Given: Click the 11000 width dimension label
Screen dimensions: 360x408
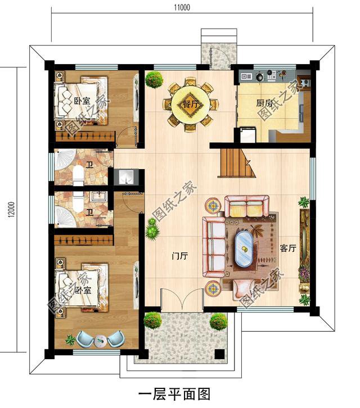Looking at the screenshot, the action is (x=182, y=7).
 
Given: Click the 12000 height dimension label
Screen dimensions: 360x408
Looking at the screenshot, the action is (x=12, y=210).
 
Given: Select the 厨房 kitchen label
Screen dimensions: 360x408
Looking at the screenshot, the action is (x=264, y=103).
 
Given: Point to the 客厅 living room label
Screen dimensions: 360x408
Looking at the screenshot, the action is (x=288, y=248).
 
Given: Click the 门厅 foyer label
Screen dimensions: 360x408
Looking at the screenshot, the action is (x=180, y=256).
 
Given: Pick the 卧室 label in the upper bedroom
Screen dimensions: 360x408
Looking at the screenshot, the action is (x=82, y=101).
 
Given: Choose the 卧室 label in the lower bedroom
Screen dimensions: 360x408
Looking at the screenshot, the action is (x=83, y=290).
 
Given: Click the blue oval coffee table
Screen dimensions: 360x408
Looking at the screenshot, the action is (x=244, y=248).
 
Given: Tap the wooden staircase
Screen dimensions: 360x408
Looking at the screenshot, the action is (x=236, y=162).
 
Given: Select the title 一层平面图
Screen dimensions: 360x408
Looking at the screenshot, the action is (x=174, y=394).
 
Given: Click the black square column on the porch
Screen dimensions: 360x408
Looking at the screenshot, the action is (x=219, y=354).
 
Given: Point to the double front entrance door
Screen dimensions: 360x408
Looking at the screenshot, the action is (x=182, y=299).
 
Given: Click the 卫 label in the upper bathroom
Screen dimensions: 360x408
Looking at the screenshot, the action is (x=90, y=165).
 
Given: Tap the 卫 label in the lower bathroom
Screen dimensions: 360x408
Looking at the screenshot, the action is (x=90, y=213).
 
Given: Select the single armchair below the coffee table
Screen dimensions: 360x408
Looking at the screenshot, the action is (x=243, y=288).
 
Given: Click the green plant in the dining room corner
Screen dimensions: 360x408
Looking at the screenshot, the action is (x=154, y=79).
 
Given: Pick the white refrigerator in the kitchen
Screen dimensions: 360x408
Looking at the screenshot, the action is (x=248, y=134).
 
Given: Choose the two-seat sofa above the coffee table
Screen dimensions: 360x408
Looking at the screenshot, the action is (x=247, y=206).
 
